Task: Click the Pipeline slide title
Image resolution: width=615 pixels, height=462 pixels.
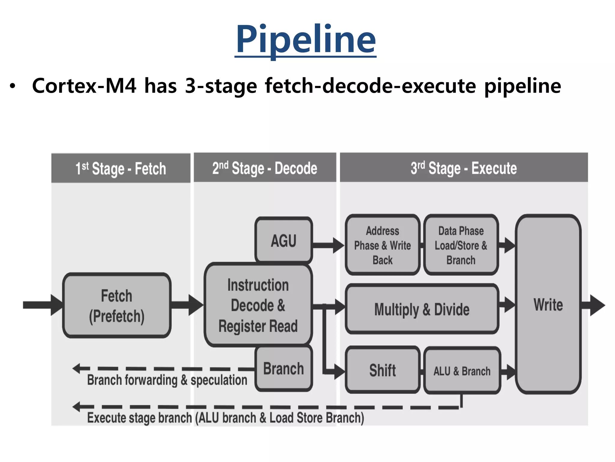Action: [x=305, y=39]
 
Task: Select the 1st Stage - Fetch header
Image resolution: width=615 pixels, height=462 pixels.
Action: [x=121, y=168]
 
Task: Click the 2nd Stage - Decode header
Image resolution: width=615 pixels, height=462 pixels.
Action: [x=265, y=168]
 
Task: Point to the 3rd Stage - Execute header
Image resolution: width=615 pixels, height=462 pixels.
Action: [x=464, y=168]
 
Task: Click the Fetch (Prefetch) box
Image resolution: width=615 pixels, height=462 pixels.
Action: [x=117, y=306]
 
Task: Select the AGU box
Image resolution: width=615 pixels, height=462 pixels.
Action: [x=284, y=240]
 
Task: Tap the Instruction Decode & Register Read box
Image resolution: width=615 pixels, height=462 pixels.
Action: [x=258, y=305]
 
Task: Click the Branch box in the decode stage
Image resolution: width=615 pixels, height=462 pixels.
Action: [x=284, y=369]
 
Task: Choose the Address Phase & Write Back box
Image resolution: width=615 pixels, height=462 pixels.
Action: [x=383, y=245]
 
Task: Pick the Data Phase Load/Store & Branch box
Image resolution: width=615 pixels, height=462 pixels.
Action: [x=461, y=245]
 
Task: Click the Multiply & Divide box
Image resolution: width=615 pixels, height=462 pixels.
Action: [x=422, y=309]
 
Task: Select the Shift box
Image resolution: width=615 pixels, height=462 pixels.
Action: [x=383, y=370]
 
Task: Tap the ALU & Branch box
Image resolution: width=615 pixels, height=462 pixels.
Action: [x=462, y=371]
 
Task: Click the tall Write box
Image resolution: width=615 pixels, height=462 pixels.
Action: [x=548, y=304]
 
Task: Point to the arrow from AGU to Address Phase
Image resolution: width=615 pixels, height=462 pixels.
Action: [x=329, y=245]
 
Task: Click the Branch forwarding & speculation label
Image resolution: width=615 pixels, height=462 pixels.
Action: [x=167, y=380]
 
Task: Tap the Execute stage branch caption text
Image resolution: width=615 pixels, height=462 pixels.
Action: [x=225, y=418]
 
